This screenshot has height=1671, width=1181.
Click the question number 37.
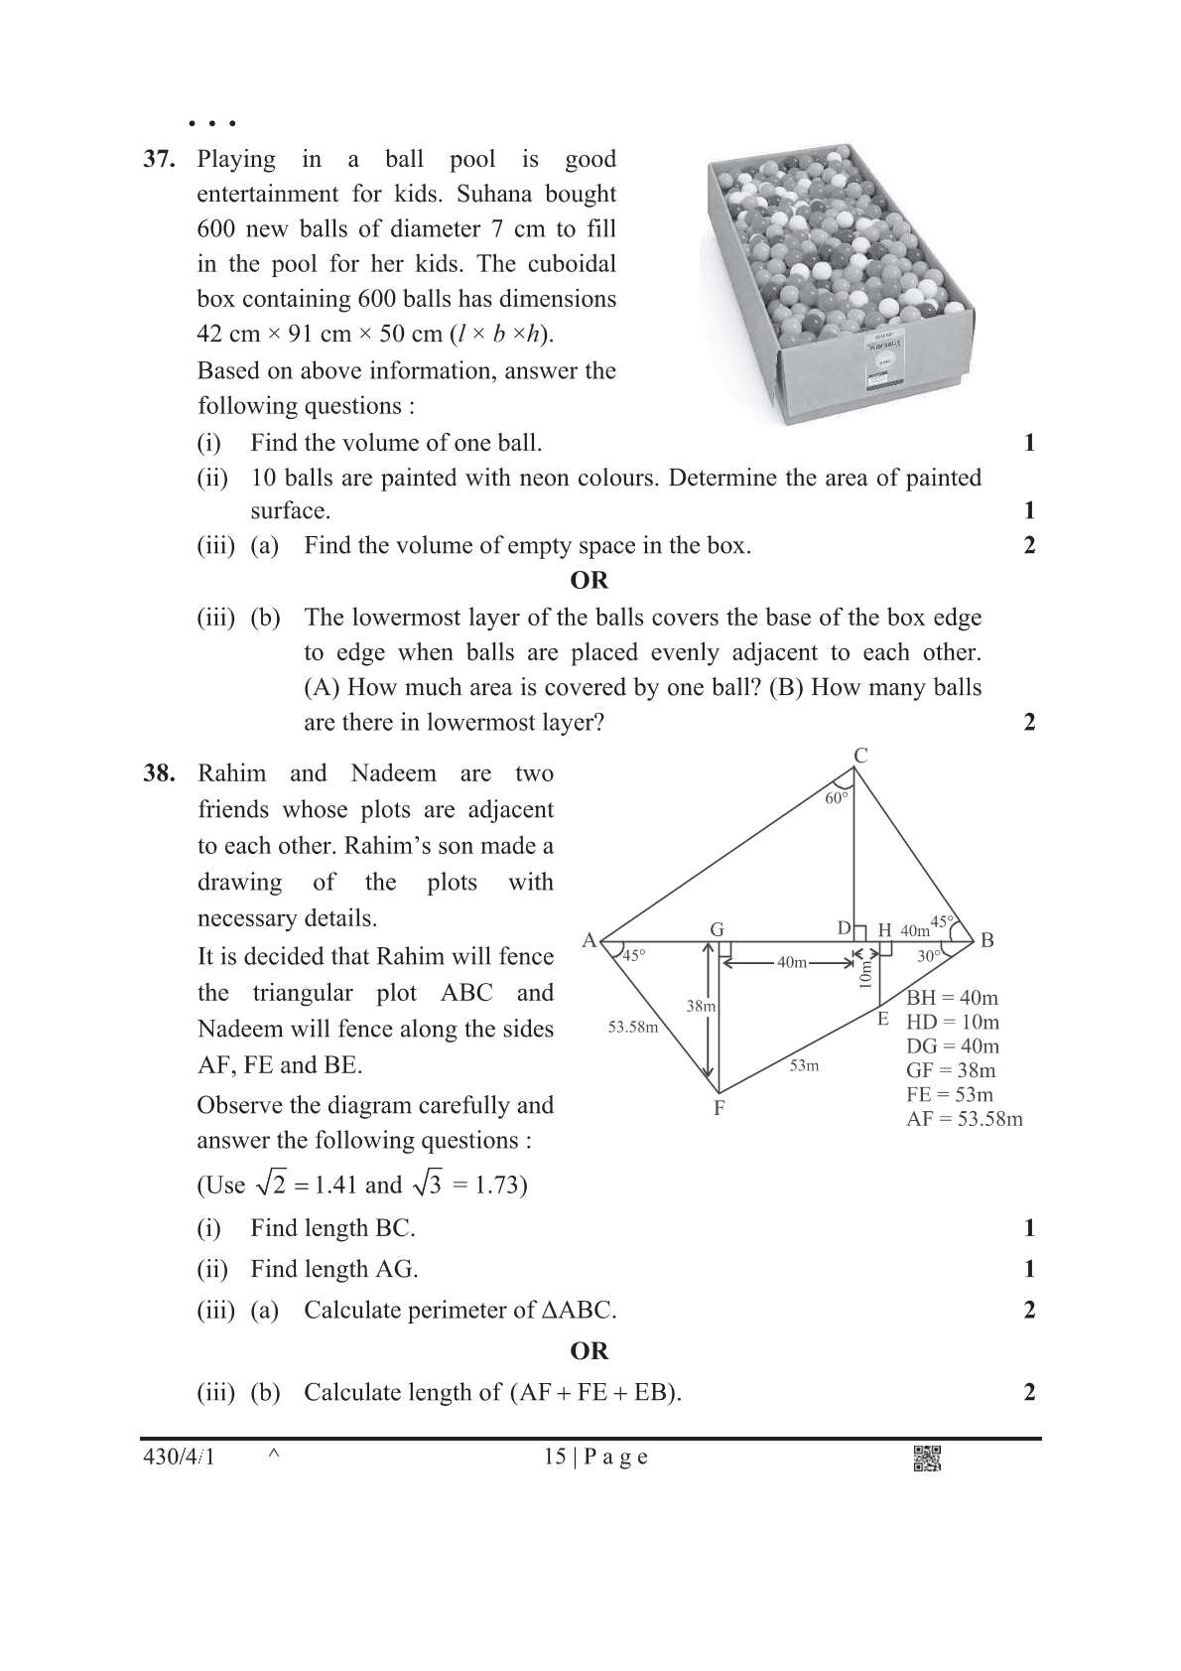[x=160, y=159]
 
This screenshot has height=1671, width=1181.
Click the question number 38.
[x=160, y=773]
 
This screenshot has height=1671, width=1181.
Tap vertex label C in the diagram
[x=860, y=756]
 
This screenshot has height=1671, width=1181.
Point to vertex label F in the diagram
[x=720, y=1108]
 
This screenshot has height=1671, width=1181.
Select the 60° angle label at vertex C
[x=837, y=797]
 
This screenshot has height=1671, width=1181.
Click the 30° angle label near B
[x=928, y=956]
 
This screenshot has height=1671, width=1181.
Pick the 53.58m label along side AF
[x=633, y=1027]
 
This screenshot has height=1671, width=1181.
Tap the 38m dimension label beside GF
[x=701, y=1006]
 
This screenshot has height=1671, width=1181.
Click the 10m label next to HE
[x=865, y=974]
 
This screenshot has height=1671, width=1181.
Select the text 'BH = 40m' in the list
[x=952, y=998]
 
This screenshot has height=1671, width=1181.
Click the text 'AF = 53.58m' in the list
[x=964, y=1119]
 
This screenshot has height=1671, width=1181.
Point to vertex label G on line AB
[x=717, y=929]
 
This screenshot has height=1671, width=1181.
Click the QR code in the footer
[x=926, y=1458]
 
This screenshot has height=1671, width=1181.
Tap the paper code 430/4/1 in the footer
[x=180, y=1457]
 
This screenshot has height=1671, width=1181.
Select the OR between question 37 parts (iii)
[x=589, y=580]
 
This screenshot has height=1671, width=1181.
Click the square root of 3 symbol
[x=427, y=1184]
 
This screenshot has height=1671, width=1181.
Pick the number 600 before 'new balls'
[x=216, y=228]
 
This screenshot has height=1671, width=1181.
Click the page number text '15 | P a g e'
[x=595, y=1457]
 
